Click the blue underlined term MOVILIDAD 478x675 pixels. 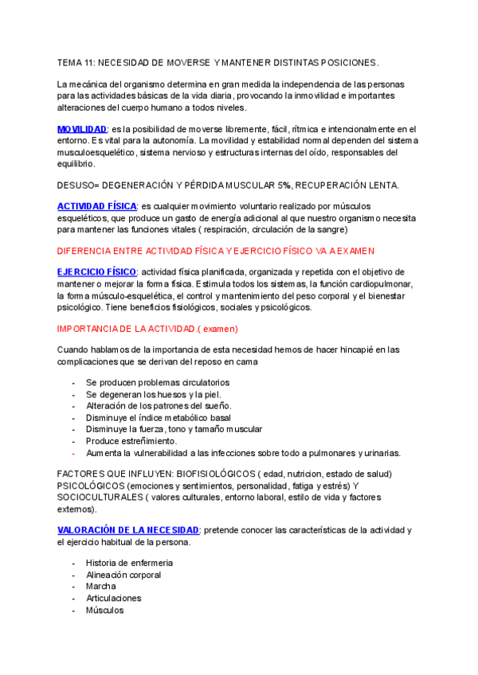coord(82,129)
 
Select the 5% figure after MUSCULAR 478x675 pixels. coord(285,185)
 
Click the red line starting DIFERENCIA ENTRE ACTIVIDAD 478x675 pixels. coord(215,251)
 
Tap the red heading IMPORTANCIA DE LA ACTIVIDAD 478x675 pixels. coord(147,328)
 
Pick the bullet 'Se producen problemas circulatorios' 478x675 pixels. coord(158,382)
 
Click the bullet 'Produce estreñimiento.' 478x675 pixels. coord(131,441)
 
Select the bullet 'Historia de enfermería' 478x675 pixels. coord(129,563)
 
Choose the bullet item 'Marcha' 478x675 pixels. coord(101,587)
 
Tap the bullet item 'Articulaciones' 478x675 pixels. coord(113,599)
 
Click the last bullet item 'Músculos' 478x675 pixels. coord(104,611)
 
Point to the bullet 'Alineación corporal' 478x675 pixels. coord(123,575)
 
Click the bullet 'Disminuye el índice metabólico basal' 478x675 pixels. coord(159,417)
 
